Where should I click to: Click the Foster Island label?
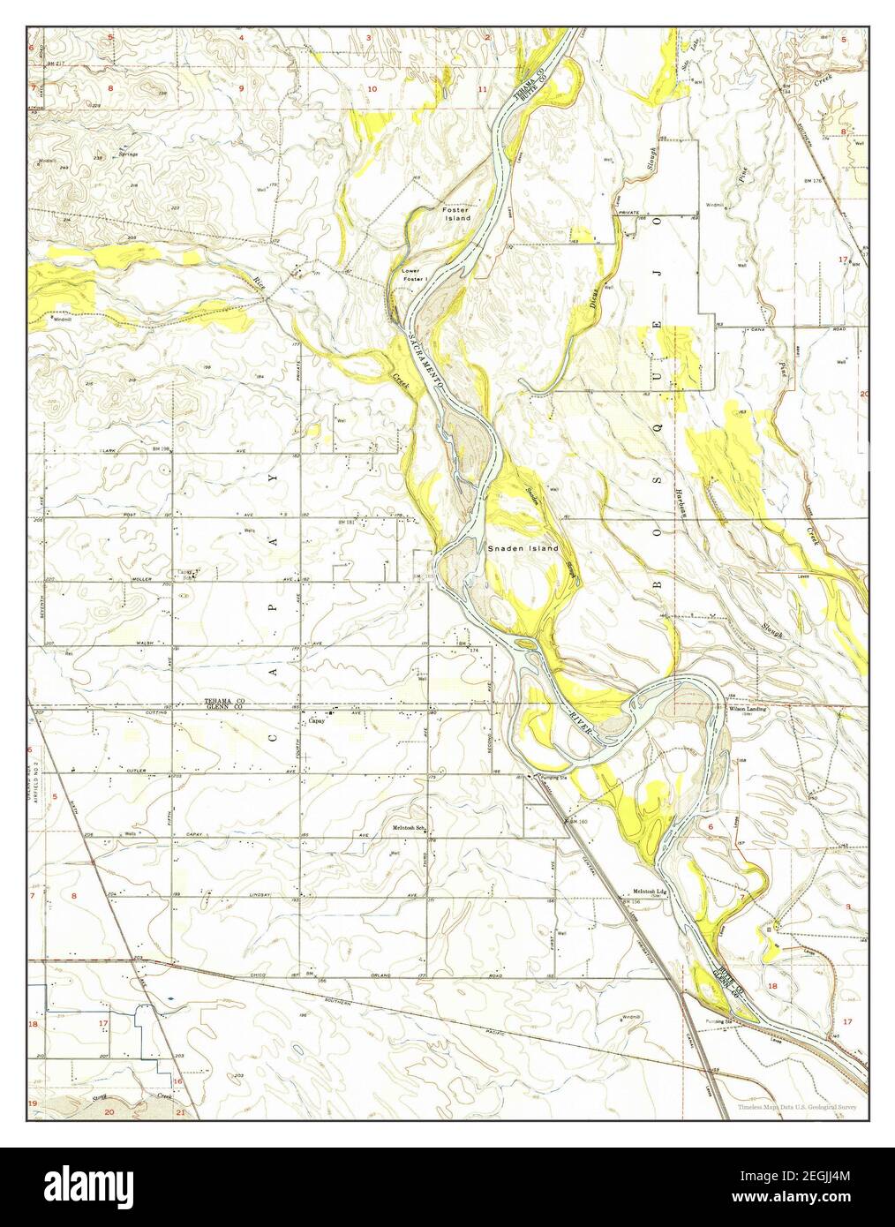(456, 213)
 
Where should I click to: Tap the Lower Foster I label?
(414, 275)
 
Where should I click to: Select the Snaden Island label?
(523, 548)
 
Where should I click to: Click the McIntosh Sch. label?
(410, 828)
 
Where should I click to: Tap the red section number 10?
(372, 90)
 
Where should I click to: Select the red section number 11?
(482, 90)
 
